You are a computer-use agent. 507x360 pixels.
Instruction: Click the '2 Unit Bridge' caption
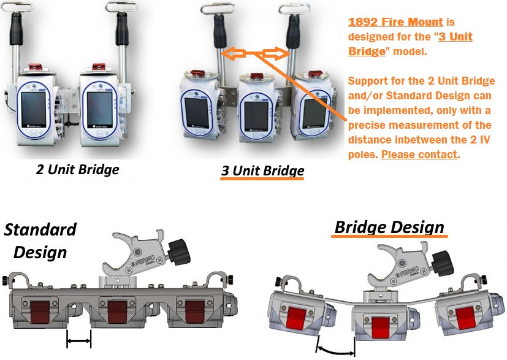coord(78,169)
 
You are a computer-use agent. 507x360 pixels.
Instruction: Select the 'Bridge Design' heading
coord(389,228)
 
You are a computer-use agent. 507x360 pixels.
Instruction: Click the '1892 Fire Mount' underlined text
coord(395,22)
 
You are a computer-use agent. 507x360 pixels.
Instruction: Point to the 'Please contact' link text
coord(419,154)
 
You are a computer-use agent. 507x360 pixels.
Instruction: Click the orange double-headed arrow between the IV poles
coord(256,54)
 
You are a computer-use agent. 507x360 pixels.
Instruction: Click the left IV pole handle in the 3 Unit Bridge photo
coord(219,31)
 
